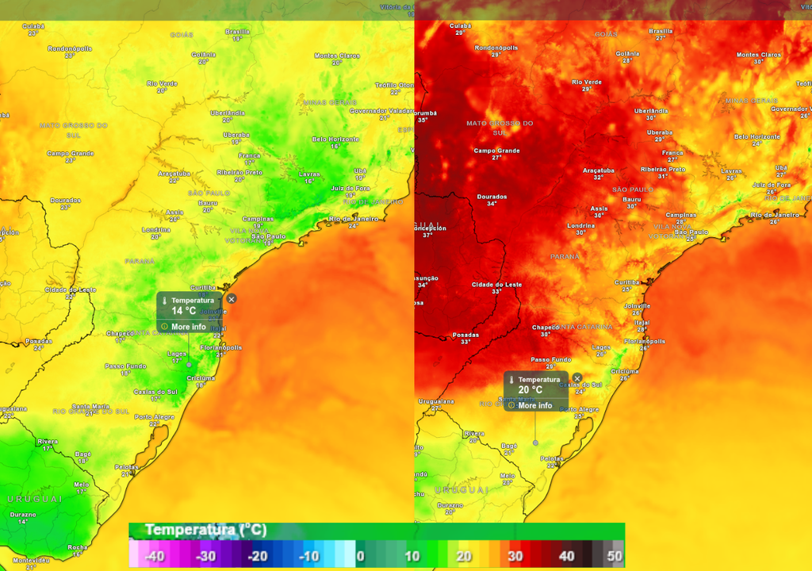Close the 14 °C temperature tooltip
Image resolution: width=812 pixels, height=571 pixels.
pyautogui.click(x=232, y=299)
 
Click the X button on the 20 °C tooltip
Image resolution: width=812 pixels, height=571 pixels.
pyautogui.click(x=577, y=378)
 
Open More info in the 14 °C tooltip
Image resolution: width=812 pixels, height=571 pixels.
pyautogui.click(x=188, y=327)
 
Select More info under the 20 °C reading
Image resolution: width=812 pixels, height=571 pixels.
pyautogui.click(x=534, y=405)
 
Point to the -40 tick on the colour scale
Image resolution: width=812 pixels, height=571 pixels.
pyautogui.click(x=154, y=556)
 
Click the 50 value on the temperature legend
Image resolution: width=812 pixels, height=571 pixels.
pyautogui.click(x=615, y=556)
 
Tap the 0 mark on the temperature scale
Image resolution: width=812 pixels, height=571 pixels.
pyautogui.click(x=360, y=556)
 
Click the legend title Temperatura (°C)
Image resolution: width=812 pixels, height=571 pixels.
pyautogui.click(x=205, y=530)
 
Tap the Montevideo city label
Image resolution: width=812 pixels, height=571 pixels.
pyautogui.click(x=31, y=561)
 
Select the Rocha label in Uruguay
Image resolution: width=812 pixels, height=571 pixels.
pyautogui.click(x=78, y=547)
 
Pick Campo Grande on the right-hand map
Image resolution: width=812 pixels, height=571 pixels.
pyautogui.click(x=496, y=151)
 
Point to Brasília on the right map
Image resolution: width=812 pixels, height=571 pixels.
pyautogui.click(x=661, y=32)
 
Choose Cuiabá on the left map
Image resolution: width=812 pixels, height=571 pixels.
pyautogui.click(x=33, y=26)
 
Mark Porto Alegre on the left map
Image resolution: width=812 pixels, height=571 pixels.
pyautogui.click(x=154, y=417)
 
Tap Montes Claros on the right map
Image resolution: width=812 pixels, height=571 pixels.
pyautogui.click(x=758, y=55)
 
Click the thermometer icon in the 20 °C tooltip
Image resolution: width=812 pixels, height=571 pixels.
pyautogui.click(x=512, y=381)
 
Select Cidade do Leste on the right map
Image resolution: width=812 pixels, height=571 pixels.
pyautogui.click(x=496, y=285)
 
